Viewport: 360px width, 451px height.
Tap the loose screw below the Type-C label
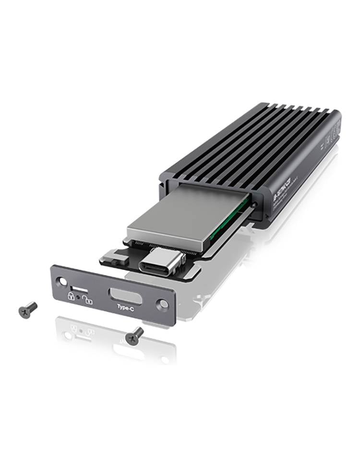pos(134,334)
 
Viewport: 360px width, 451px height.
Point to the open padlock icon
pos(87,301)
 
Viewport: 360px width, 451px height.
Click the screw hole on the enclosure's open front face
pos(255,204)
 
